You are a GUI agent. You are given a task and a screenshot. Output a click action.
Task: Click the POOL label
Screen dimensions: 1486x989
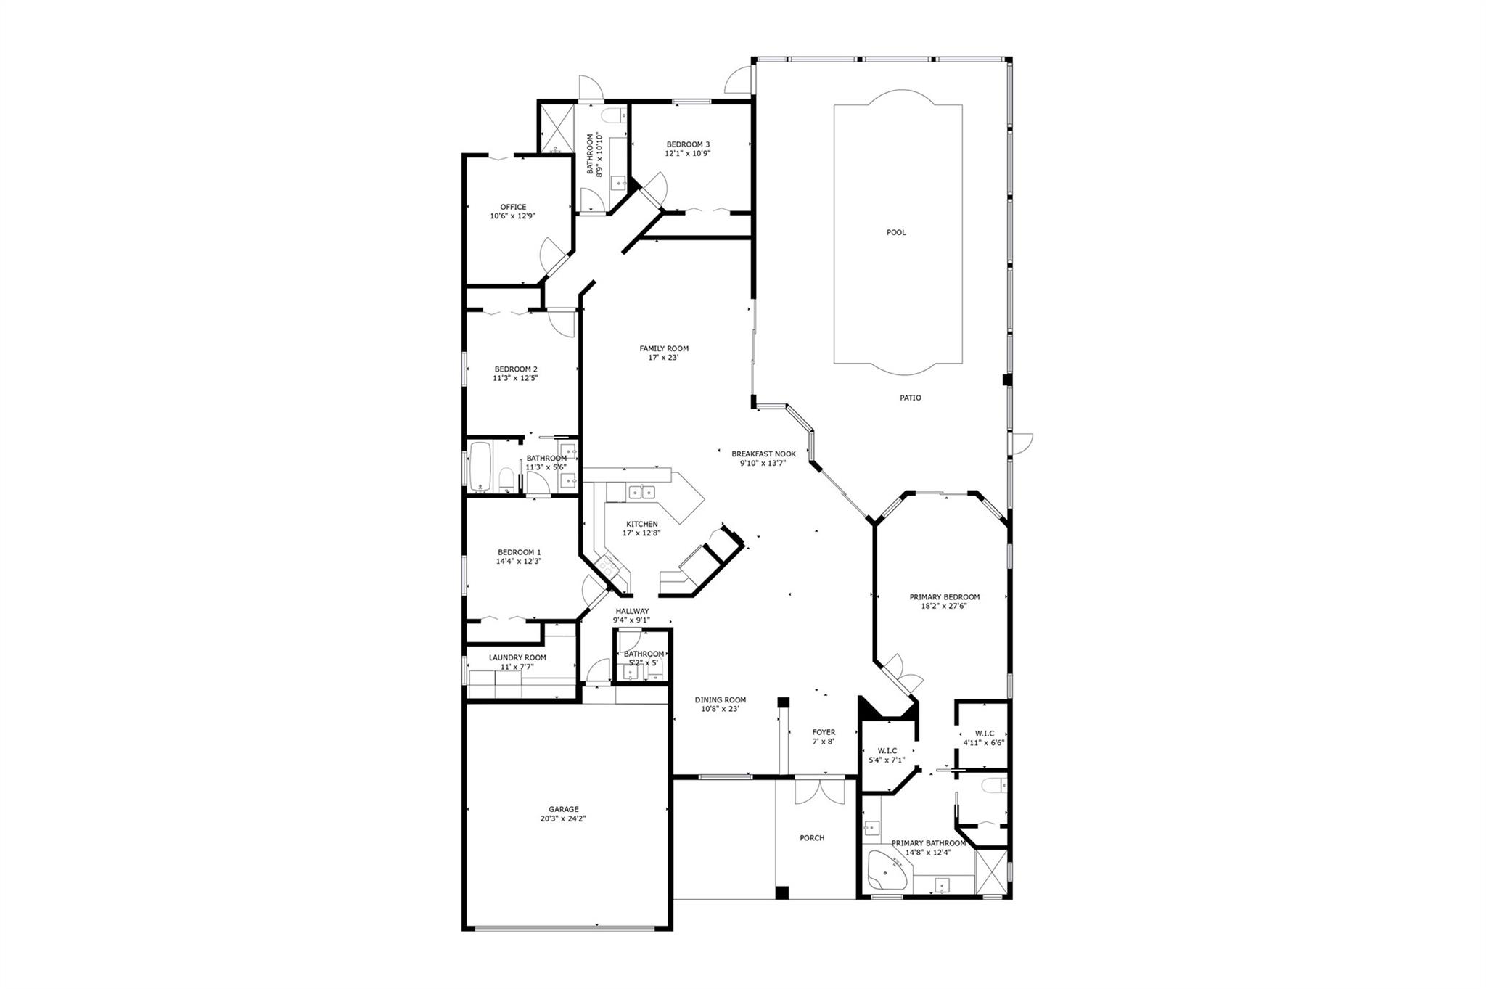tap(896, 233)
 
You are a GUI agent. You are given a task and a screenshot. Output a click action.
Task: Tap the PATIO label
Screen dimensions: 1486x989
tap(911, 398)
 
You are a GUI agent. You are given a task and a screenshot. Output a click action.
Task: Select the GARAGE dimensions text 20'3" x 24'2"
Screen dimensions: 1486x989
tap(564, 818)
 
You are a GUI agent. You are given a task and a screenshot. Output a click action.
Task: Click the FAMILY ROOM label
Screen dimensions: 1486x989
tap(664, 348)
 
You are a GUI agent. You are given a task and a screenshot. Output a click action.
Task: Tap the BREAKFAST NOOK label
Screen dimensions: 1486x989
tap(763, 454)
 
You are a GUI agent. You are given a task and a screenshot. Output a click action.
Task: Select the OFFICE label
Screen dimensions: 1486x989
tap(513, 207)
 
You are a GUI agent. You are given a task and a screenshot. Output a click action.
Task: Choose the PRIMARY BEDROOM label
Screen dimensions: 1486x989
tap(945, 597)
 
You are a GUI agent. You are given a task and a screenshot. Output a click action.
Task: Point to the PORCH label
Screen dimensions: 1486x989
tap(812, 838)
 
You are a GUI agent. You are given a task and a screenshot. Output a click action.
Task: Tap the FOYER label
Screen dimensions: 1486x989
tap(824, 732)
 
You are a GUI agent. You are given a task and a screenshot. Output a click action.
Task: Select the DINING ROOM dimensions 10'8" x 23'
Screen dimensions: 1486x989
tap(720, 709)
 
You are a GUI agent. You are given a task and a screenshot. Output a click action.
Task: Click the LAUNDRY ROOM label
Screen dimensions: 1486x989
tap(517, 657)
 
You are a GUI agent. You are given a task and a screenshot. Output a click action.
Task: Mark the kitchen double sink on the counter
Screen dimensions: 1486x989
tap(641, 493)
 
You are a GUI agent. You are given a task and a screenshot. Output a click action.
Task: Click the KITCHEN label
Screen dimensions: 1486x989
tap(642, 524)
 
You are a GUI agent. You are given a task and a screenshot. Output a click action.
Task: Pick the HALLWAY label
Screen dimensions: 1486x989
tap(632, 611)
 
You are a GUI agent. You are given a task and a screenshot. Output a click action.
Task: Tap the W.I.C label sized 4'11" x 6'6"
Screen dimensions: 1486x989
tap(984, 734)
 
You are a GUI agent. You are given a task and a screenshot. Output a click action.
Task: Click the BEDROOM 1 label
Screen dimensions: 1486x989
tap(519, 552)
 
